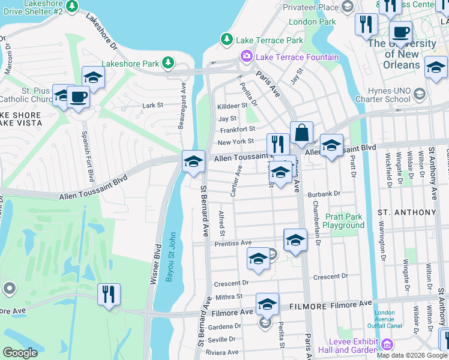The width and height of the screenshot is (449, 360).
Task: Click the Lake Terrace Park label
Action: point(270,40)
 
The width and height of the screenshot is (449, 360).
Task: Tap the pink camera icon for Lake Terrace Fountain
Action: point(247,56)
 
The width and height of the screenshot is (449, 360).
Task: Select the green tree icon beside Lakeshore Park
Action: point(169,63)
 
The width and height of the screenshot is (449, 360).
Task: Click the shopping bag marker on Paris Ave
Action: point(301,132)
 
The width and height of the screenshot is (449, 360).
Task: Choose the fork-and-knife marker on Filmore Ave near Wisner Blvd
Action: point(109,294)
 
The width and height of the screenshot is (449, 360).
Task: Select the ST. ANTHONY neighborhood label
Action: point(406,212)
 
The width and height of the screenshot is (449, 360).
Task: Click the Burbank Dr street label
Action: point(324,194)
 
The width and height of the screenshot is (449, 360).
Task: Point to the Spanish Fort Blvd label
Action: point(88,155)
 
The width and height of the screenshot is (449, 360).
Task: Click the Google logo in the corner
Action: point(20,352)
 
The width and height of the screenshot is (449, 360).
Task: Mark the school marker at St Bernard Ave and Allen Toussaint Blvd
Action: point(193,161)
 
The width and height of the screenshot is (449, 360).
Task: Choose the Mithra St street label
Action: point(229,296)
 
